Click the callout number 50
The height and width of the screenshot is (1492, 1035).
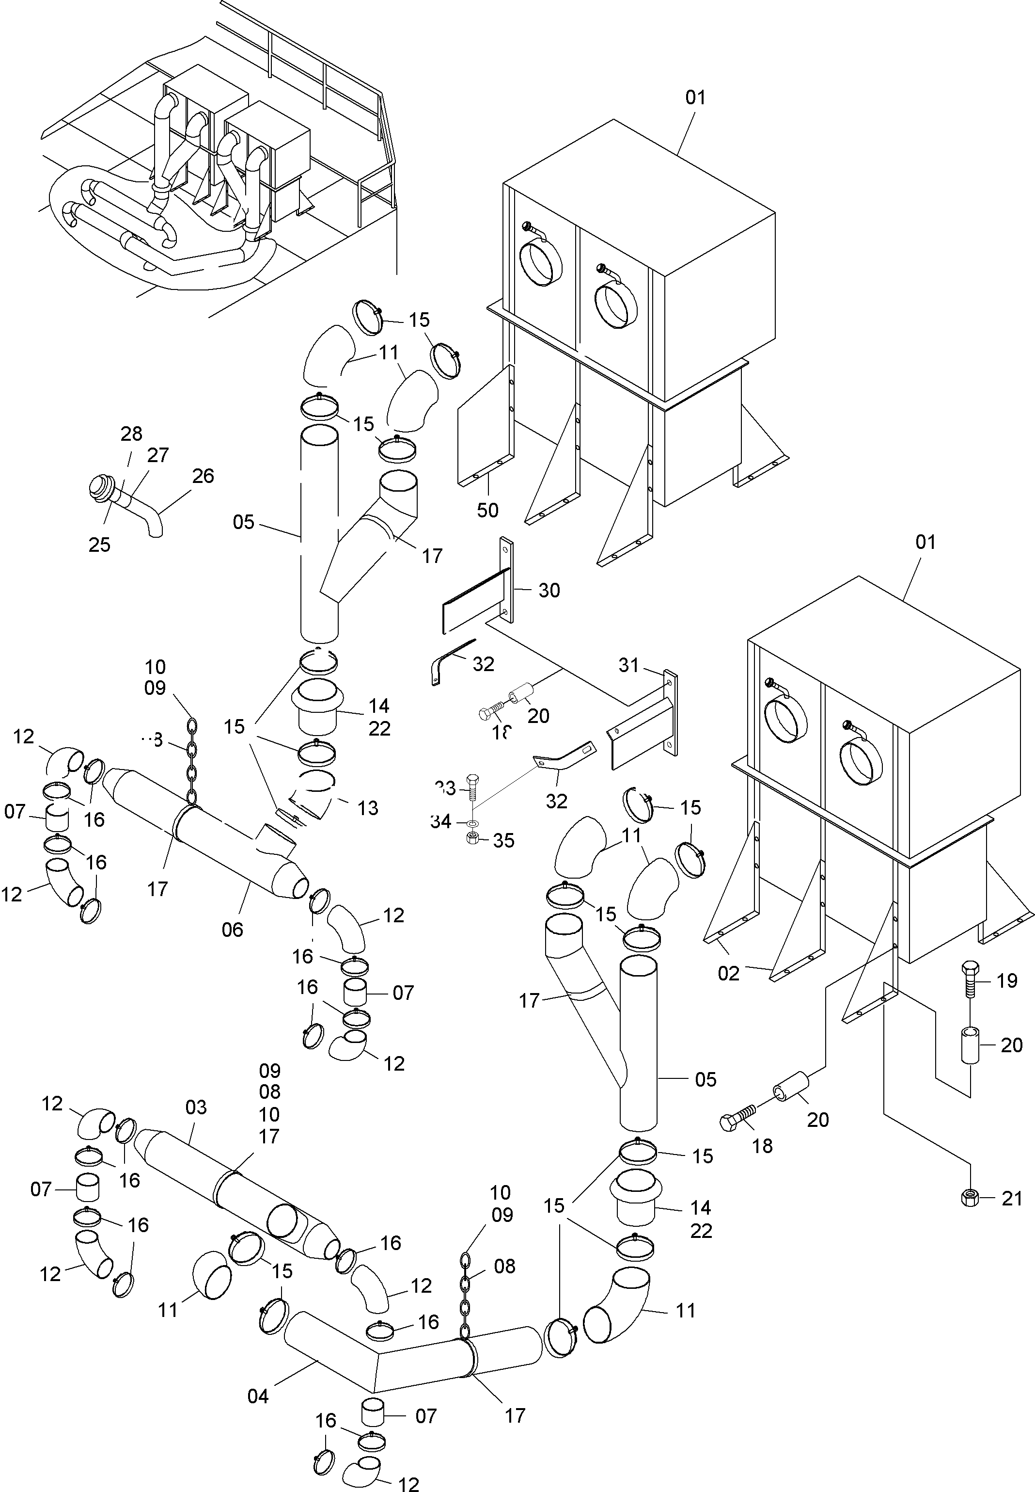tap(487, 511)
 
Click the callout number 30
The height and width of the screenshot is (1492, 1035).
tap(549, 591)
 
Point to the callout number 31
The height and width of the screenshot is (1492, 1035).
tap(628, 665)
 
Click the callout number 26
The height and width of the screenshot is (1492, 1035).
tap(203, 476)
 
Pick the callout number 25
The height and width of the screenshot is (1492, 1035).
tap(99, 545)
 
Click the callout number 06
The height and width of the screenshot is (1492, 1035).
tap(232, 930)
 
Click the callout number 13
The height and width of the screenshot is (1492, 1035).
tap(368, 808)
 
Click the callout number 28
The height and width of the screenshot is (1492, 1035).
tap(132, 433)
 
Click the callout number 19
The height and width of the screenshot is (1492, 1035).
tap(1006, 980)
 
